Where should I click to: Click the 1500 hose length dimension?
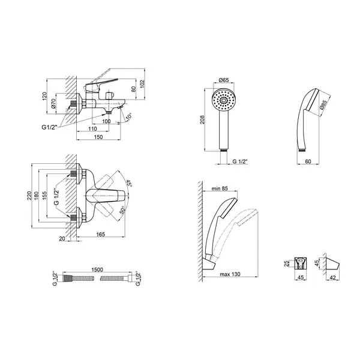97,269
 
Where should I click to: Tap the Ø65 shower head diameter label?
224,80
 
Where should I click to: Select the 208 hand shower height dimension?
202,119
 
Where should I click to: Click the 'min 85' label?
220,188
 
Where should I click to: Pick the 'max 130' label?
230,274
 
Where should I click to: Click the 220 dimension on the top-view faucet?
29,196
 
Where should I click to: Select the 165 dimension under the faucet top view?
101,234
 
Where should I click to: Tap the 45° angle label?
128,184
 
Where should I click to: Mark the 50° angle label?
122,210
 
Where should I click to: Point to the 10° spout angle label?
129,116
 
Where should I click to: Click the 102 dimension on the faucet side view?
142,83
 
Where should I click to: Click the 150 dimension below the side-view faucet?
98,137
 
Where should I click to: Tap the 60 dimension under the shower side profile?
308,161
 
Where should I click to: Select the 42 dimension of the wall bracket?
332,278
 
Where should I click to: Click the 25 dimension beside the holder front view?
286,264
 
